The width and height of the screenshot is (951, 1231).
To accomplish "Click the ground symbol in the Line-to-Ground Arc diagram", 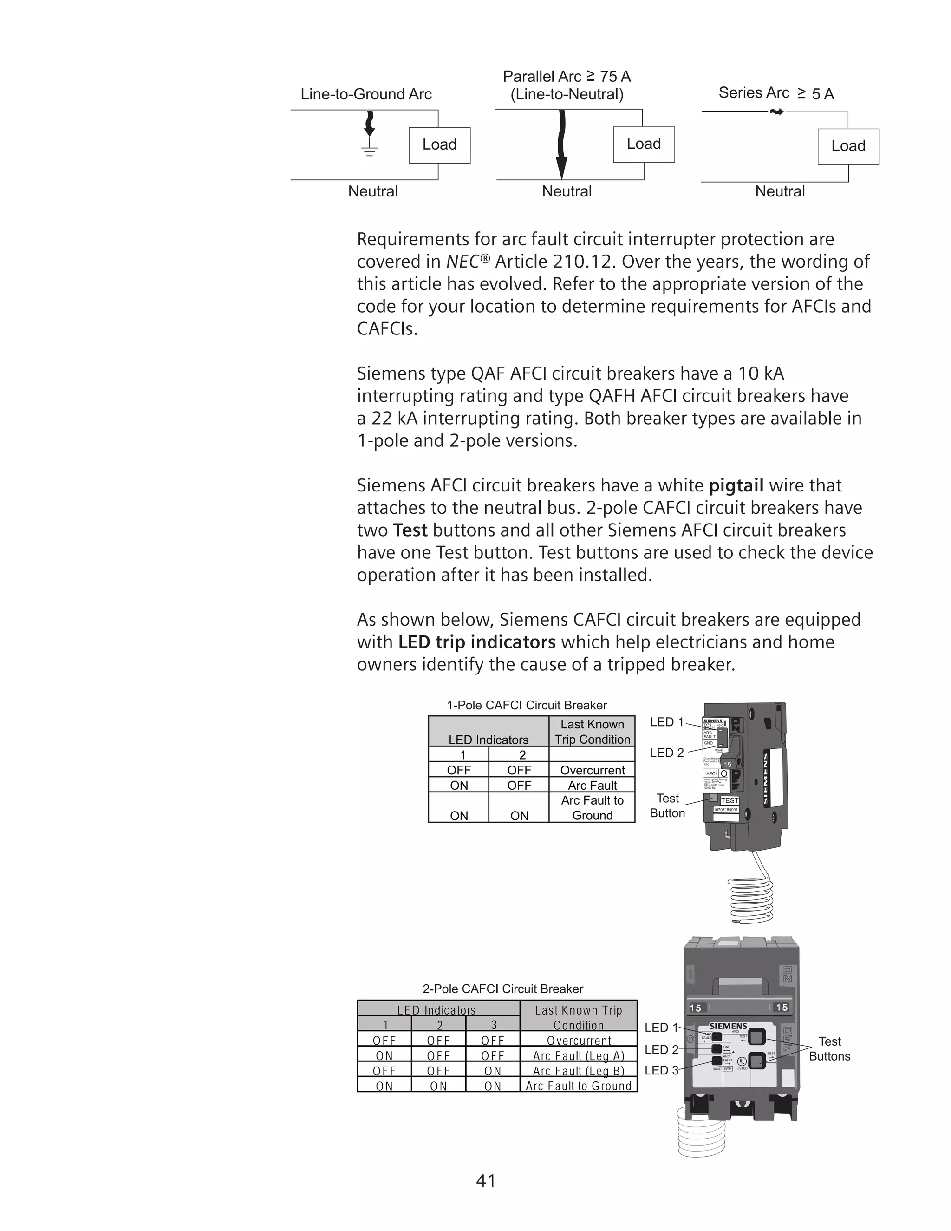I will pyautogui.click(x=370, y=150).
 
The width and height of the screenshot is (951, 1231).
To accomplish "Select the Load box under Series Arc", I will pyautogui.click(x=848, y=146).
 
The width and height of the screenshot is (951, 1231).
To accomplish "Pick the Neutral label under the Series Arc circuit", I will pyautogui.click(x=779, y=192).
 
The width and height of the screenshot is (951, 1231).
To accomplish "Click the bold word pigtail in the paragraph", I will pyautogui.click(x=736, y=485).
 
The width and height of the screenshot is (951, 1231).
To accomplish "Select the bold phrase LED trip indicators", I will pyautogui.click(x=476, y=642).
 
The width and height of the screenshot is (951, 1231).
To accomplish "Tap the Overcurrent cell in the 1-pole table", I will pyautogui.click(x=592, y=770).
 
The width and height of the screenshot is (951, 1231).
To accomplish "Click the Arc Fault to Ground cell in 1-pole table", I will pyautogui.click(x=592, y=808).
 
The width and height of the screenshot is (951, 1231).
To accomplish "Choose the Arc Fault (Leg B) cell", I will pyautogui.click(x=579, y=1071).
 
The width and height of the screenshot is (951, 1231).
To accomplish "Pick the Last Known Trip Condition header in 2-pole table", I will pyautogui.click(x=579, y=1017).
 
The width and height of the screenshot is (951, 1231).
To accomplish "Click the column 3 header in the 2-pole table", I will pyautogui.click(x=494, y=1025).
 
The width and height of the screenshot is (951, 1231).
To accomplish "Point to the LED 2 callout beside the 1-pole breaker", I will pyautogui.click(x=666, y=753).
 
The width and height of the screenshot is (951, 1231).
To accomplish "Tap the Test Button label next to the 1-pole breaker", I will pyautogui.click(x=667, y=805).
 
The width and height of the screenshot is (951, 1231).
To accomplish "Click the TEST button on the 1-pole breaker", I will pyautogui.click(x=729, y=800).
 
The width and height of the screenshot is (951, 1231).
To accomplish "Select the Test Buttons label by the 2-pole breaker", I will pyautogui.click(x=829, y=1049).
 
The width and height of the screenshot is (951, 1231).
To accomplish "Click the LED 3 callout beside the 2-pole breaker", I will pyautogui.click(x=661, y=1070).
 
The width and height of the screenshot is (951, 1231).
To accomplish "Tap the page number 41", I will pyautogui.click(x=486, y=1181).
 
